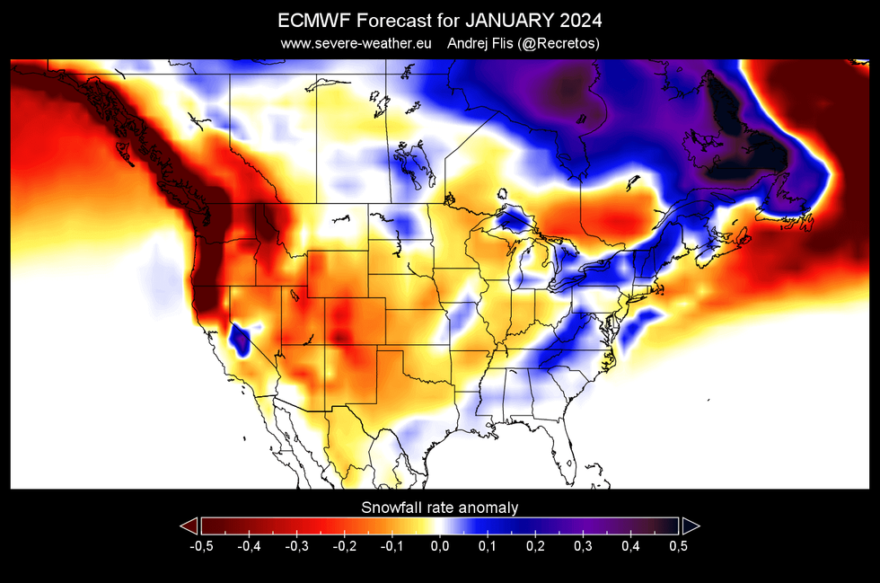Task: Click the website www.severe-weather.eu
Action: tap(356, 43)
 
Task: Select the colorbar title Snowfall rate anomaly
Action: tap(440, 508)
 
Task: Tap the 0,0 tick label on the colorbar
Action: tap(439, 545)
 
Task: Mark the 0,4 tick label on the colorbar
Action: tap(629, 545)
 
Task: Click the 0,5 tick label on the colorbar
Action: tap(677, 545)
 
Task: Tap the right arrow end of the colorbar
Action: tap(691, 526)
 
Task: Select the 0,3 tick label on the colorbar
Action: tap(582, 545)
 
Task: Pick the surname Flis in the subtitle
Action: tap(513, 43)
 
